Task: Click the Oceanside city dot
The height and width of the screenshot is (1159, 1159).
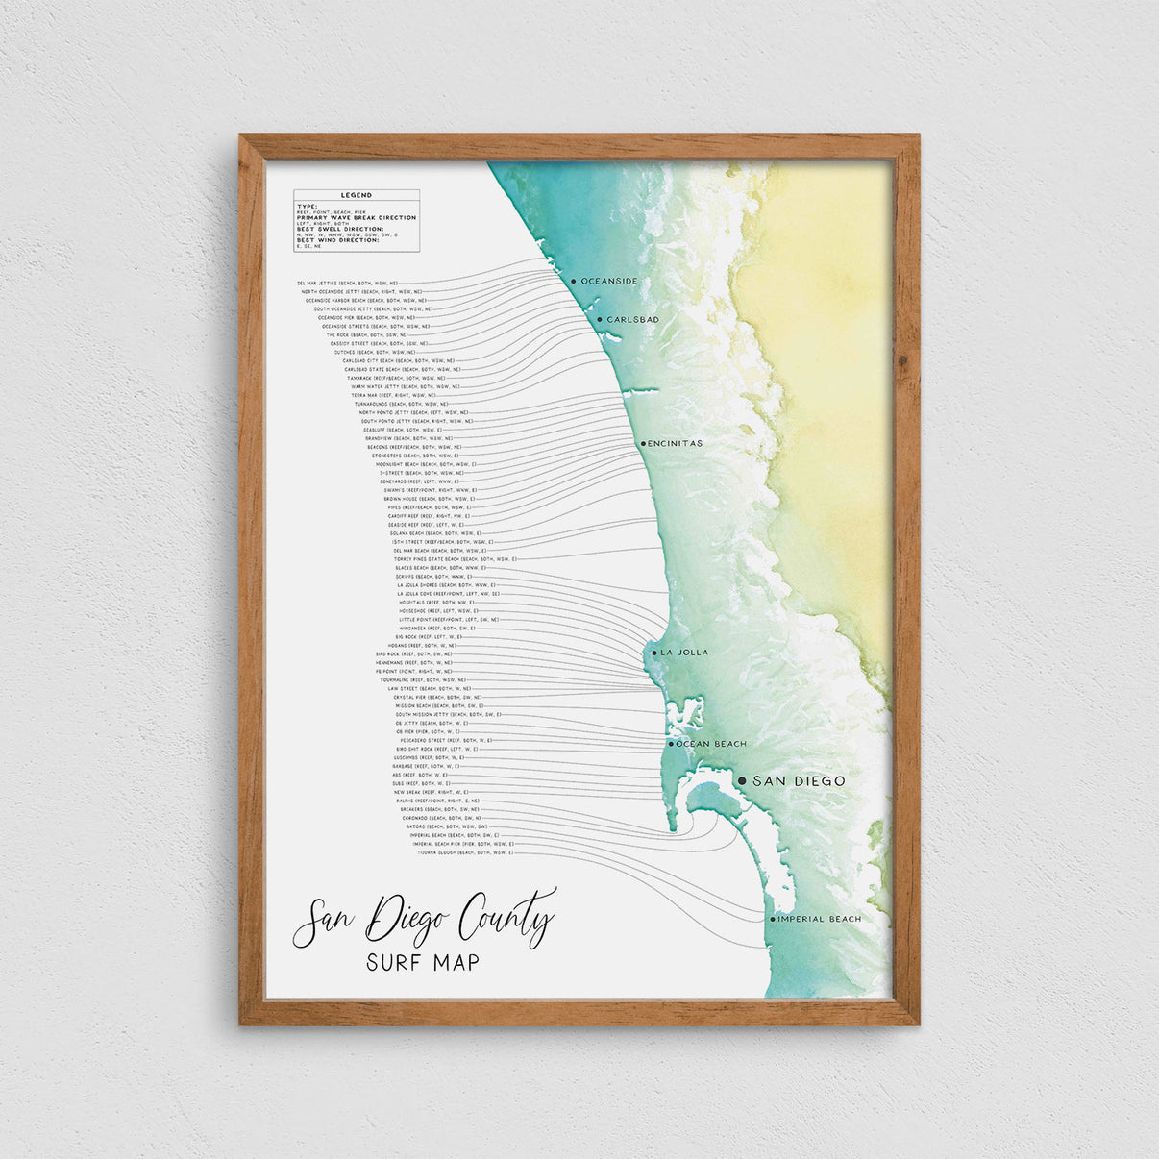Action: pyautogui.click(x=573, y=282)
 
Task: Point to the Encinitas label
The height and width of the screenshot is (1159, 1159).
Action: pyautogui.click(x=676, y=444)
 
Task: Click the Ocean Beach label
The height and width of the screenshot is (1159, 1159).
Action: pyautogui.click(x=711, y=744)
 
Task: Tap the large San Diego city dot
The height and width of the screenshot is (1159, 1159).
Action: pyautogui.click(x=742, y=781)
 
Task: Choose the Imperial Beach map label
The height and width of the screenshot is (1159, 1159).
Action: pyautogui.click(x=820, y=920)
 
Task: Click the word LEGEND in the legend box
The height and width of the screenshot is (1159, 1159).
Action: pyautogui.click(x=357, y=195)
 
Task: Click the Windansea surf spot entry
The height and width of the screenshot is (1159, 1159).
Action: pyautogui.click(x=437, y=629)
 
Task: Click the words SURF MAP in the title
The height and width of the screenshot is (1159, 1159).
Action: pyautogui.click(x=423, y=961)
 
